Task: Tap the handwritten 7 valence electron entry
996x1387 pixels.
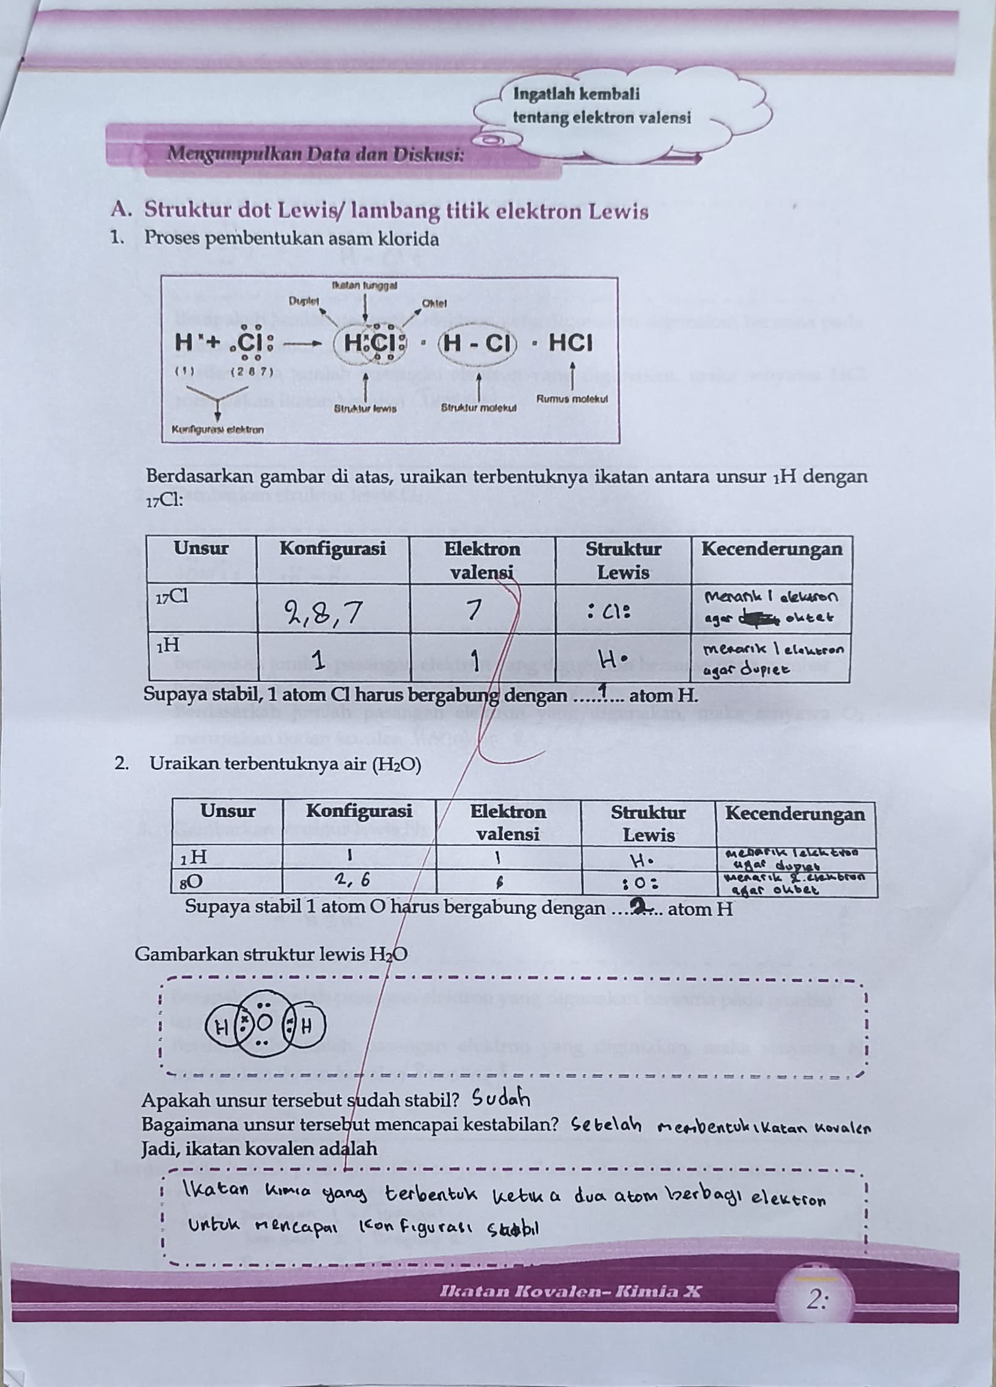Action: coord(472,609)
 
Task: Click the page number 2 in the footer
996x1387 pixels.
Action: coord(816,1300)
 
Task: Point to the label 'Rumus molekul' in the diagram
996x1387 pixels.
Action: coord(572,399)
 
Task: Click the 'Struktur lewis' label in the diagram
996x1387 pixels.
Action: coord(365,409)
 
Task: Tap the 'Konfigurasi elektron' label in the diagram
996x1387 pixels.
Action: coord(218,430)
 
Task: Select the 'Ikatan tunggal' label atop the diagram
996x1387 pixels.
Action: coord(364,285)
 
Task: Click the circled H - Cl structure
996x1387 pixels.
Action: coord(477,343)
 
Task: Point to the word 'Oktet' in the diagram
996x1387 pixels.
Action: coord(434,303)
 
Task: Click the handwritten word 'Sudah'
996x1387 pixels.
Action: coord(501,1100)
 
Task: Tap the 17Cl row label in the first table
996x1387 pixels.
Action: coord(172,598)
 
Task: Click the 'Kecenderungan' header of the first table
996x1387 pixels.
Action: coord(771,549)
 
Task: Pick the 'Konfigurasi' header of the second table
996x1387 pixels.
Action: coord(359,811)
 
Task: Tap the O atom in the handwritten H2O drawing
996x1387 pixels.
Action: coord(265,1022)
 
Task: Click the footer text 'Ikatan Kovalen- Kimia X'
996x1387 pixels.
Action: coord(570,1292)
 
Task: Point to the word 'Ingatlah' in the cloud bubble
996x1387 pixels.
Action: coord(542,93)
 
